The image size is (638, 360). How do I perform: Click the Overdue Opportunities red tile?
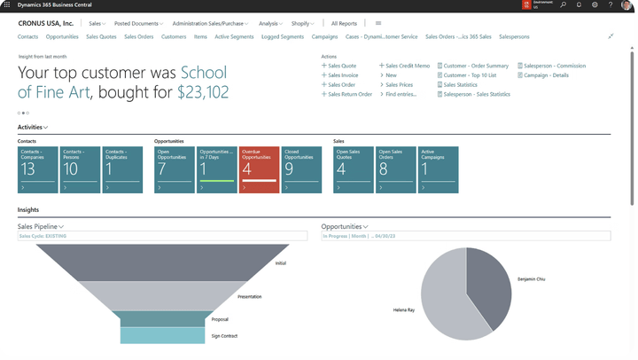[x=259, y=169]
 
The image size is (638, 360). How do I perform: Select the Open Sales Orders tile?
[x=396, y=169]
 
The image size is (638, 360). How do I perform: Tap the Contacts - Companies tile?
[x=37, y=169]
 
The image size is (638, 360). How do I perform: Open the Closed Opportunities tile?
[x=301, y=169]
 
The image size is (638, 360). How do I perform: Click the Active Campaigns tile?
[x=440, y=169]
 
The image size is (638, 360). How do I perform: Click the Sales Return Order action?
[x=349, y=94]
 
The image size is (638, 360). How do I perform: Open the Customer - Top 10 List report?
[x=470, y=75]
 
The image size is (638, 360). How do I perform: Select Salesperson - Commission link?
[x=555, y=66]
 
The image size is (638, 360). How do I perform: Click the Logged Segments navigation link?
[x=283, y=37]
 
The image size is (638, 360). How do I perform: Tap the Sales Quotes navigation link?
[x=101, y=37]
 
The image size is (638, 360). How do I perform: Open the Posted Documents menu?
[x=137, y=24]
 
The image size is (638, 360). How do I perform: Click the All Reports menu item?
[x=344, y=24]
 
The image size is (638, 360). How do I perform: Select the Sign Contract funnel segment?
[x=162, y=336]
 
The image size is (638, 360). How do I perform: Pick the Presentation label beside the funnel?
[x=249, y=297]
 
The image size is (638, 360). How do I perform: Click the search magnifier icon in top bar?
[x=563, y=5]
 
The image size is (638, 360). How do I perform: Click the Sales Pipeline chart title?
[x=37, y=227]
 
